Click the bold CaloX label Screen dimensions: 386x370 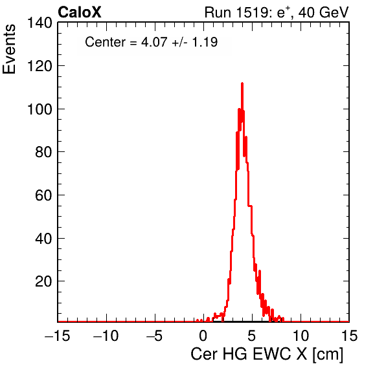80,12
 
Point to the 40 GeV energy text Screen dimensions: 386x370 324,12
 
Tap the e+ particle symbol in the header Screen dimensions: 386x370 284,12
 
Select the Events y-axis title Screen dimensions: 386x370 9,49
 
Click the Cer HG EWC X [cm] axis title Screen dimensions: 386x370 267,354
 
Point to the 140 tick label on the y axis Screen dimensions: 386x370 40,23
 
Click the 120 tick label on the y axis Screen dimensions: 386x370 40,66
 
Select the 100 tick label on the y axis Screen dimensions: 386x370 40,109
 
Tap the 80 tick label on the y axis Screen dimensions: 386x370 44,152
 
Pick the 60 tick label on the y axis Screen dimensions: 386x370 44,195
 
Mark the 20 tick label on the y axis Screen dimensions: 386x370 44,281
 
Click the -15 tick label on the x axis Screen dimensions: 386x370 58,335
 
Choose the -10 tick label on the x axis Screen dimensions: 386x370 106,335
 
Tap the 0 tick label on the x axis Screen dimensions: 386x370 203,335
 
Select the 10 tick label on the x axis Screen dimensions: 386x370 301,335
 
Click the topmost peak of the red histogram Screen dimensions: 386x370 242,83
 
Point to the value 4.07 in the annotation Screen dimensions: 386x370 154,42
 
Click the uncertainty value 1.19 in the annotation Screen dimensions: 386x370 205,42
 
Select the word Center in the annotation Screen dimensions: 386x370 105,42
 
